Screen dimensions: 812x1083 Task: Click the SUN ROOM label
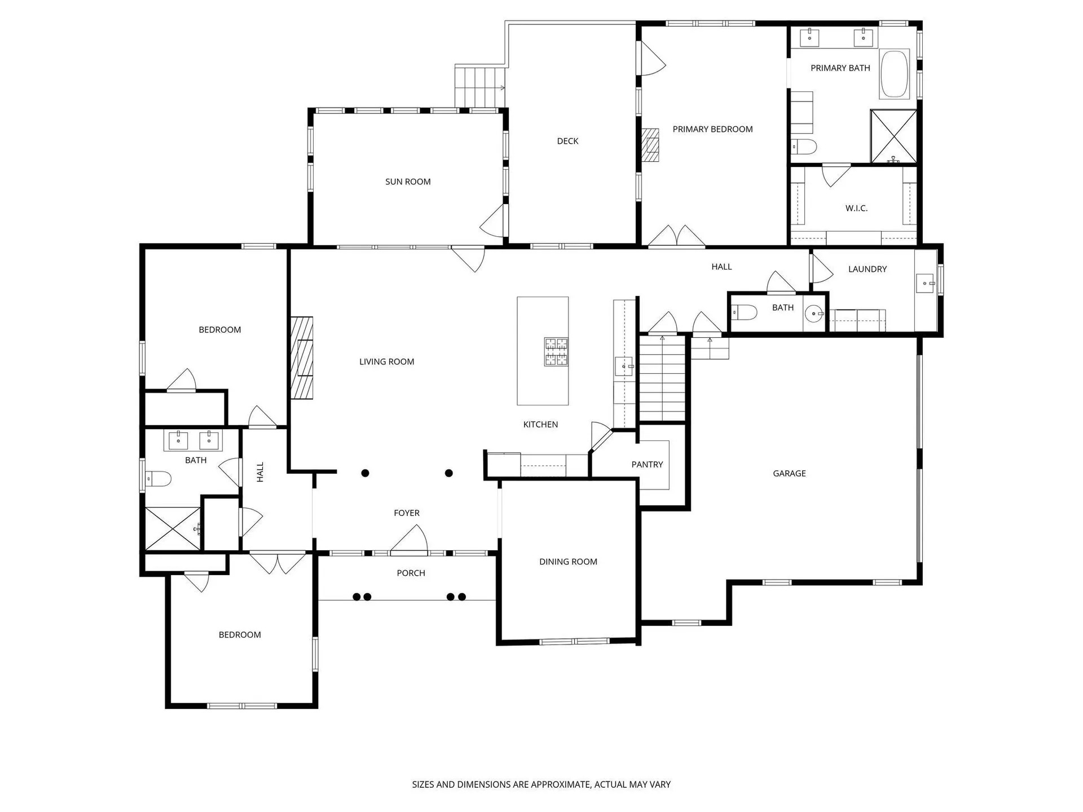408,182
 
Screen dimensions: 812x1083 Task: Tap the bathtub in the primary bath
895,74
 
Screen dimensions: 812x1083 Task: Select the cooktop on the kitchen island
556,352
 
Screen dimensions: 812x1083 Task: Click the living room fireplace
302,358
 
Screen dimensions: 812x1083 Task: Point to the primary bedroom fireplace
650,145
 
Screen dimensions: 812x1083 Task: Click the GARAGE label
789,474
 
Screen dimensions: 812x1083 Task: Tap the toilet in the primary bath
804,147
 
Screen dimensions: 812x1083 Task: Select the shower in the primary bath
893,136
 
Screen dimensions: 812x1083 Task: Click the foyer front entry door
409,541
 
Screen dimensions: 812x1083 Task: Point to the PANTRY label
647,465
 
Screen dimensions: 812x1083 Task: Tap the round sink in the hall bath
813,314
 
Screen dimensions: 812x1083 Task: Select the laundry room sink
926,283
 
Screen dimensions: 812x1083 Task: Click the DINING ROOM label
568,562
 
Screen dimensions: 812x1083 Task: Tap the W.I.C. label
856,208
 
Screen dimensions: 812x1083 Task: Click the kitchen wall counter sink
625,366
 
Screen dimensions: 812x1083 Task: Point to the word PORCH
411,573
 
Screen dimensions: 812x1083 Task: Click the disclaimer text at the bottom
541,784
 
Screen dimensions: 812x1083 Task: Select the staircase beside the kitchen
662,378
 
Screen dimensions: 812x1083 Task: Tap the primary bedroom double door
676,236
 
